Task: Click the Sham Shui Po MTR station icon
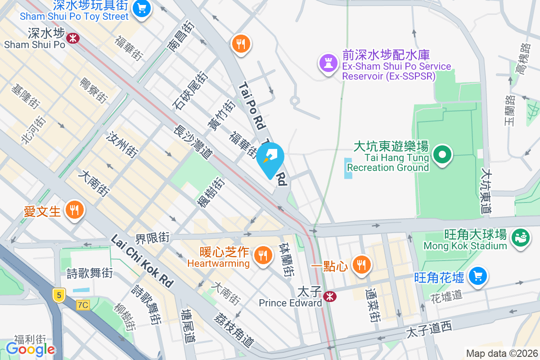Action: point(72,38)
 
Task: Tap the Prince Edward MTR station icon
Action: point(330,296)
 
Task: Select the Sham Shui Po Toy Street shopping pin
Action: point(142,9)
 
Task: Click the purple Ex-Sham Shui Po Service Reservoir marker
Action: point(327,63)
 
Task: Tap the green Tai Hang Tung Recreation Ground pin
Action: point(442,155)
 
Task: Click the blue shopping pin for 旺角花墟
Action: point(477,275)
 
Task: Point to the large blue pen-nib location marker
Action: point(273,159)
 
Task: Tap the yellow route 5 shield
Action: point(58,296)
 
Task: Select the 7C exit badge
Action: point(83,305)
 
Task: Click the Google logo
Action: point(30,349)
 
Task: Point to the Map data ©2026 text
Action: point(501,353)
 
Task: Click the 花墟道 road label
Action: point(446,297)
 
